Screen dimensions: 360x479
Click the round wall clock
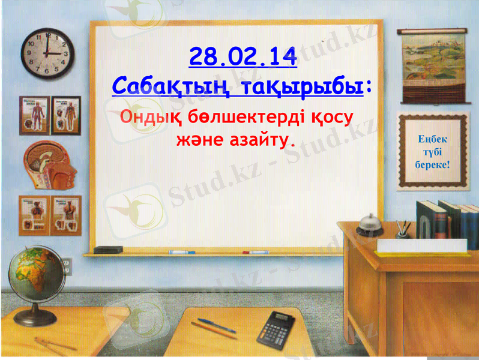(47, 53)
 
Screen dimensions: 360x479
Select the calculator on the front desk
(277, 327)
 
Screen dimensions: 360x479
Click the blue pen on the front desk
(217, 325)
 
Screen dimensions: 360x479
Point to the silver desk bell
(370, 224)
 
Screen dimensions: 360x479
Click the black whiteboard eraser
(109, 249)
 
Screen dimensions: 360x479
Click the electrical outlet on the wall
(67, 265)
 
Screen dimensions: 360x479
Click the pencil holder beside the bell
(403, 229)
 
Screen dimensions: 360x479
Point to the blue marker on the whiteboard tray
(182, 252)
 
